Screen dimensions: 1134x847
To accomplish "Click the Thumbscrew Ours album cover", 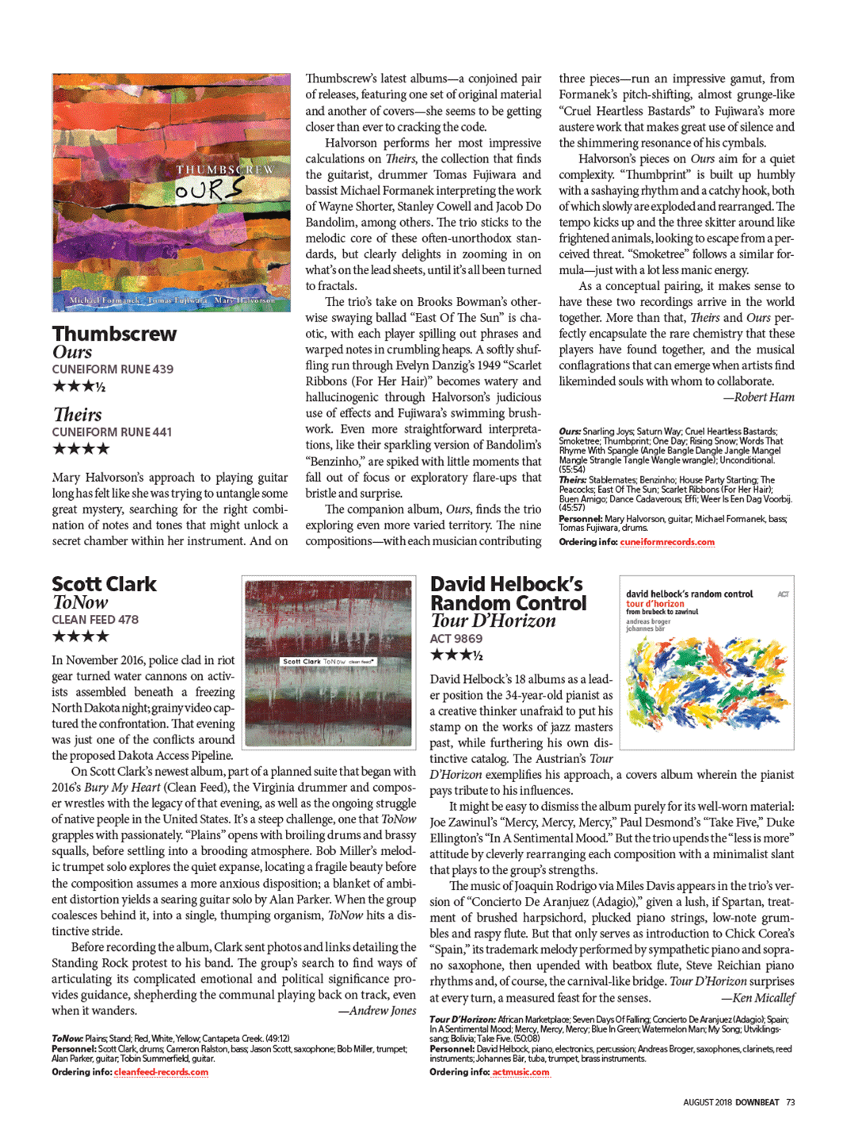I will (171, 193).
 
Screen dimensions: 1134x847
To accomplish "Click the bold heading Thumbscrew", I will (115, 334).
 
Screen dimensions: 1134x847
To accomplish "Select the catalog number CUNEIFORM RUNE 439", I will (113, 369).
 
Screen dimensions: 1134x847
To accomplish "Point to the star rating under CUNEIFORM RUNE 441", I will (81, 449).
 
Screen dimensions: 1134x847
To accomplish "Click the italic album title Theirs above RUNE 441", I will (78, 414).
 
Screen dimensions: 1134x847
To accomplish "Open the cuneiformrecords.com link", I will (667, 542).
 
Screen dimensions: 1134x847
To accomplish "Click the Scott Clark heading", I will (104, 584).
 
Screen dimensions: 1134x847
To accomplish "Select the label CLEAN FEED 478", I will (95, 620).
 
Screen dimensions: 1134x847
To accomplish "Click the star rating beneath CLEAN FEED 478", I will (81, 636).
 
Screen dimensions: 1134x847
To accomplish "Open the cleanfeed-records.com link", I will (161, 1072).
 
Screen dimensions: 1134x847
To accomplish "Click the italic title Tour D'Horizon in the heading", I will (493, 621).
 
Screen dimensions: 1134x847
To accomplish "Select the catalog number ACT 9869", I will (456, 639).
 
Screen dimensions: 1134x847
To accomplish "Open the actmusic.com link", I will (521, 1072).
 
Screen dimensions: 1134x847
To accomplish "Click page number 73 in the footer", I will (791, 1102).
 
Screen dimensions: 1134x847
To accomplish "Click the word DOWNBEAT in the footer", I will (757, 1102).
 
